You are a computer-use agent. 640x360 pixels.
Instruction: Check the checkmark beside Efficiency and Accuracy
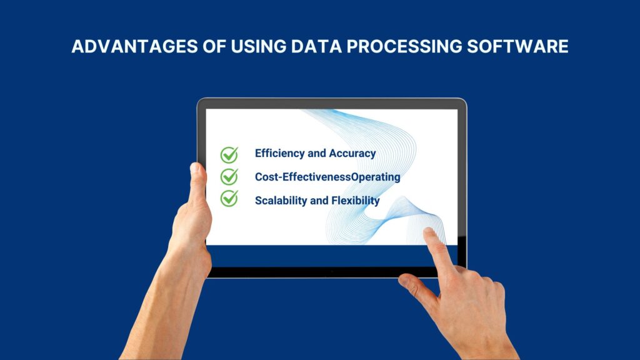[x=229, y=154]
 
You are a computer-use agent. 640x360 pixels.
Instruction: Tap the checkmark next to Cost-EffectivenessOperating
[x=229, y=176]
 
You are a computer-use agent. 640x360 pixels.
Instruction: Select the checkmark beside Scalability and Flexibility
[x=229, y=199]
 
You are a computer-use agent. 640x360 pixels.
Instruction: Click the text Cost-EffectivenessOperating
[x=327, y=177]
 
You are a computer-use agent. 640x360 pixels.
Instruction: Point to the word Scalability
[x=281, y=201]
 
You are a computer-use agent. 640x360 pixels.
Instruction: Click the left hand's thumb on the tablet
[x=198, y=181]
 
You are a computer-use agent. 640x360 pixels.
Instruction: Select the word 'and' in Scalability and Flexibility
[x=318, y=201]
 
